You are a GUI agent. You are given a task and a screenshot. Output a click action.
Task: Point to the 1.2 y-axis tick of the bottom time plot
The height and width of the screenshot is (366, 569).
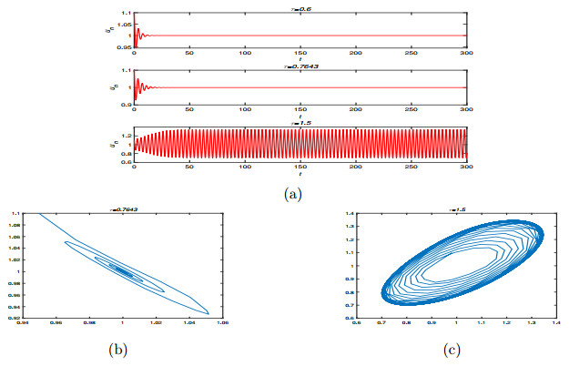coord(126,136)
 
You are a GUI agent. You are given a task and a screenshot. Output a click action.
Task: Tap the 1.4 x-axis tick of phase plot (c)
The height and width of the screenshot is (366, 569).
coord(545,322)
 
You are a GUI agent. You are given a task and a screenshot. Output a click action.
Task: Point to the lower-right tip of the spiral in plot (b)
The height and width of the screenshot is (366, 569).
coord(208,312)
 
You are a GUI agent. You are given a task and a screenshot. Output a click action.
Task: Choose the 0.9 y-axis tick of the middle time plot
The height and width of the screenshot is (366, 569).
coord(126,104)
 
